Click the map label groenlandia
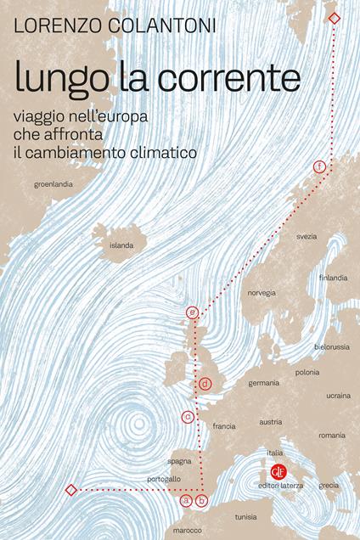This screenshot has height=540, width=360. (x=53, y=183)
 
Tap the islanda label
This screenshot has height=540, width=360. (x=121, y=245)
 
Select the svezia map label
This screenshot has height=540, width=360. (x=306, y=235)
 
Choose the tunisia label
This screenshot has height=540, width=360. (x=246, y=515)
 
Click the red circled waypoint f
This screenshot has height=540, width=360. (x=319, y=166)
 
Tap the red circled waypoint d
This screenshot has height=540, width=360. (x=205, y=384)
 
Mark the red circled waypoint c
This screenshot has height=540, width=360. (x=187, y=416)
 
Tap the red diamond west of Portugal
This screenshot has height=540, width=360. (x=71, y=490)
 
